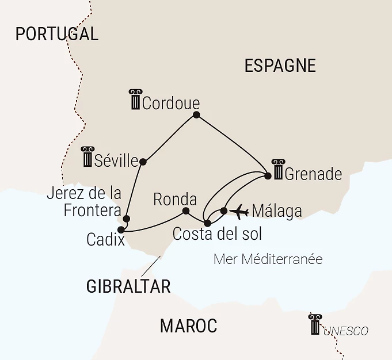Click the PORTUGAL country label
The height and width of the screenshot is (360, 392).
[x=56, y=34]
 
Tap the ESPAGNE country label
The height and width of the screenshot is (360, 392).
[x=280, y=66]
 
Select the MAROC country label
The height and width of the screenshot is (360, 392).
[x=188, y=326]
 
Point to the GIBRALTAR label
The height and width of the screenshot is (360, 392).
[x=128, y=286]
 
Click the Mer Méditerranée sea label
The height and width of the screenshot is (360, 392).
[x=268, y=259]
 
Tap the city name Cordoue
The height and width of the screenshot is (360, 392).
[x=170, y=104]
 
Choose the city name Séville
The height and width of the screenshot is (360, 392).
[x=117, y=160]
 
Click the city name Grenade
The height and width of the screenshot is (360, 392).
[x=313, y=174]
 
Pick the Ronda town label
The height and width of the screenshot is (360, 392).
[x=175, y=200]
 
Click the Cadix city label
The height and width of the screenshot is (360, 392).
[x=105, y=240]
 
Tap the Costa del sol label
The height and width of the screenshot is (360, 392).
[x=217, y=234]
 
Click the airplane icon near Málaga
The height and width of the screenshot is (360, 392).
[x=238, y=212]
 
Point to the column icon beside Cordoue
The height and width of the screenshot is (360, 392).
[x=135, y=99]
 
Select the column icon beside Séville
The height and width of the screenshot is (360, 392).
[x=87, y=156]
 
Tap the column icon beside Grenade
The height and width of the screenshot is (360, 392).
[x=277, y=170]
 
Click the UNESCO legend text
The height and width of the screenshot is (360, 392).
[x=345, y=331]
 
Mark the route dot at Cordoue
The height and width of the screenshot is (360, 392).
[x=196, y=115]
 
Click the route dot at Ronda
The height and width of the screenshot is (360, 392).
[x=185, y=211]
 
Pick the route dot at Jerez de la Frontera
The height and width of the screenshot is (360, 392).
[x=126, y=219]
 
